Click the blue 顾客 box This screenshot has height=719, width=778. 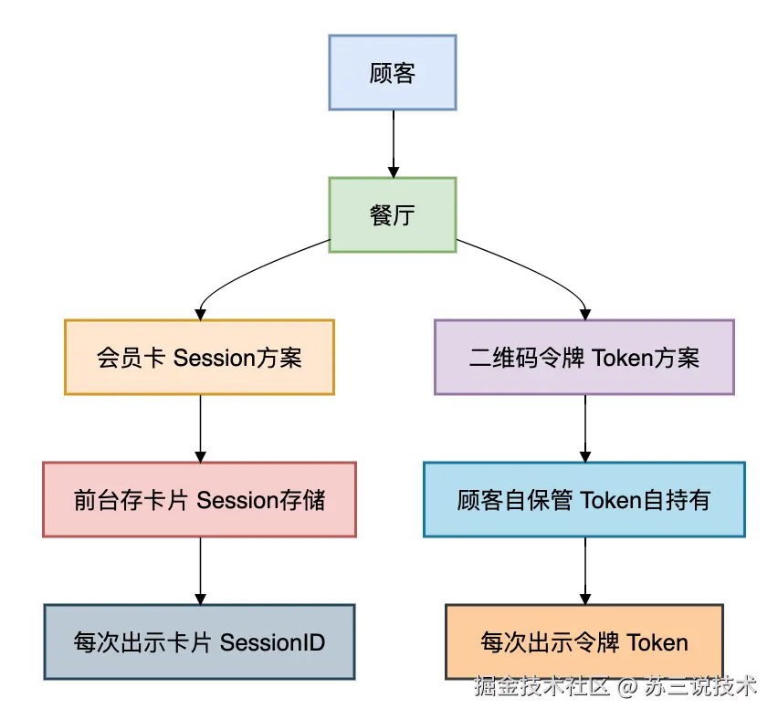point(393,72)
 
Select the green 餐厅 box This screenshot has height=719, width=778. point(393,214)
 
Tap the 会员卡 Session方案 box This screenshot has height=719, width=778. point(199,357)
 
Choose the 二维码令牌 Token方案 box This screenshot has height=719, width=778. point(584,357)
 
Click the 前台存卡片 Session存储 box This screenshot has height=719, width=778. point(199,499)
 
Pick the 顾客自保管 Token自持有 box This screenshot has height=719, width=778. point(584,499)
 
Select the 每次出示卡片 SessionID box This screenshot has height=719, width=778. point(199,641)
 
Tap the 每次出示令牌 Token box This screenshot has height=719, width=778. point(584,641)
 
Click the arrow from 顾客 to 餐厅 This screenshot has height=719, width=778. point(394,144)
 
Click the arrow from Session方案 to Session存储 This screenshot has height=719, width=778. point(201,429)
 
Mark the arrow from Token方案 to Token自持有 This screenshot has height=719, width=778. point(585,429)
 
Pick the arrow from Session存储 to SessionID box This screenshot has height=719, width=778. point(201,571)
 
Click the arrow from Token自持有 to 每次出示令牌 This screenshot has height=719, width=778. point(585,571)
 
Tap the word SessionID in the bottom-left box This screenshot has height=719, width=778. point(272,642)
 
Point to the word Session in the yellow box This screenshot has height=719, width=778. point(215,358)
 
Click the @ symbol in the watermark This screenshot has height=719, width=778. point(628,686)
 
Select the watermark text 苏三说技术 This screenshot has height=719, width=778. point(701,686)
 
